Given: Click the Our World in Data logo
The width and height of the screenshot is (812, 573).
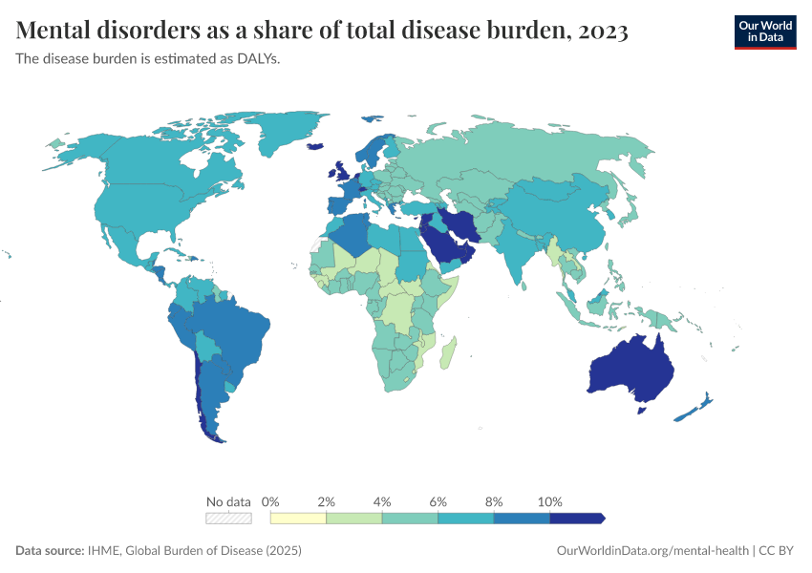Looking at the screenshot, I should click(x=764, y=32).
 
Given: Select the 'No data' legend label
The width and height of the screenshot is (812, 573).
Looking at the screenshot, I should click(x=228, y=501).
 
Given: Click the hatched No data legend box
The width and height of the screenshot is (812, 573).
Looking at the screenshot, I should click(x=228, y=518).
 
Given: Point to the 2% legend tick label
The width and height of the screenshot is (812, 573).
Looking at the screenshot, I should click(x=326, y=501).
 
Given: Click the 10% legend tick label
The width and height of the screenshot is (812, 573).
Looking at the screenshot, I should click(x=550, y=501).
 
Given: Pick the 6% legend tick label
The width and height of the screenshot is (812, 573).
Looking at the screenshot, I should click(x=438, y=501).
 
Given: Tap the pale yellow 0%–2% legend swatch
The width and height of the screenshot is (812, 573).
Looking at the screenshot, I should click(x=298, y=518).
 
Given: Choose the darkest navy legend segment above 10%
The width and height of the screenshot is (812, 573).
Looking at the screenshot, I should click(x=576, y=518).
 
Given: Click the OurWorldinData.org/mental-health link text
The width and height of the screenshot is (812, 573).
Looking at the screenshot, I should click(x=652, y=551).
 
